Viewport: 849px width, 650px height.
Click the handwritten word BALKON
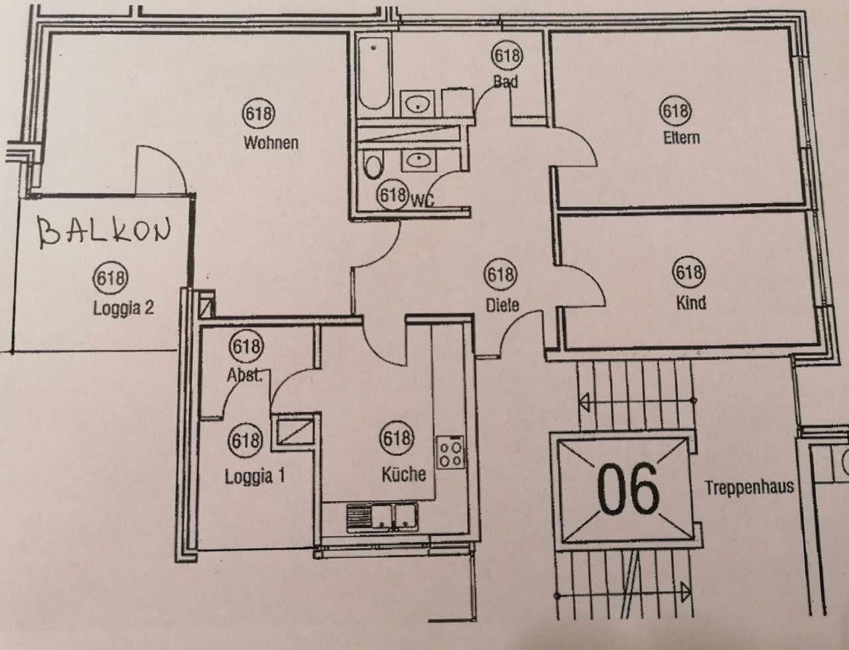[103, 231]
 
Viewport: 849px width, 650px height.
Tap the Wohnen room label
[271, 143]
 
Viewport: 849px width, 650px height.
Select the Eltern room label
[681, 137]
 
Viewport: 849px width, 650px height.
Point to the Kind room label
[690, 303]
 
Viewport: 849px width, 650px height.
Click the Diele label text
[502, 305]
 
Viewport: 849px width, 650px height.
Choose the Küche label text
[403, 474]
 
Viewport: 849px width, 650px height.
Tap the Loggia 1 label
[255, 476]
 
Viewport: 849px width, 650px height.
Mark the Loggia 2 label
[123, 308]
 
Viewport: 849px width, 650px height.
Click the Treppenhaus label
[749, 488]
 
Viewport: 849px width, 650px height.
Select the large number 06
[628, 488]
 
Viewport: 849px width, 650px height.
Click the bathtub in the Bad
[373, 73]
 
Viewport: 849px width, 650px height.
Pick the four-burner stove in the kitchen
[450, 452]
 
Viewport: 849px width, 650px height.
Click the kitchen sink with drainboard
[381, 515]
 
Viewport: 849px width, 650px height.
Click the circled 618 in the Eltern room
[675, 110]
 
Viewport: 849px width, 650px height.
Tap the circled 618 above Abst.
[246, 346]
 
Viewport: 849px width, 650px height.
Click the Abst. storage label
[245, 375]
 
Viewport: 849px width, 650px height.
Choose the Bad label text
[505, 82]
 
